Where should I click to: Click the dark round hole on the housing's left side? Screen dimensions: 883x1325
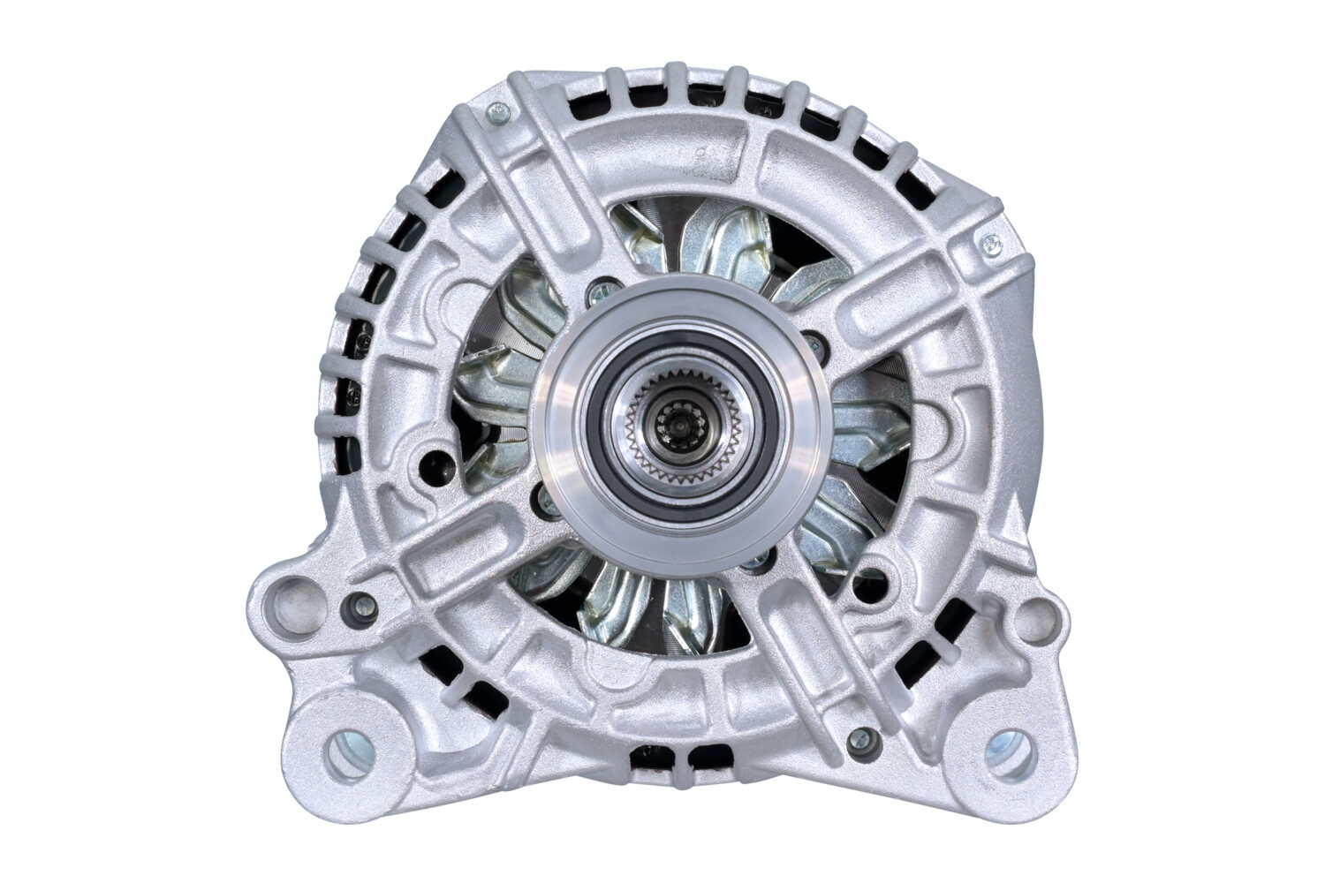tap(435, 462)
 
